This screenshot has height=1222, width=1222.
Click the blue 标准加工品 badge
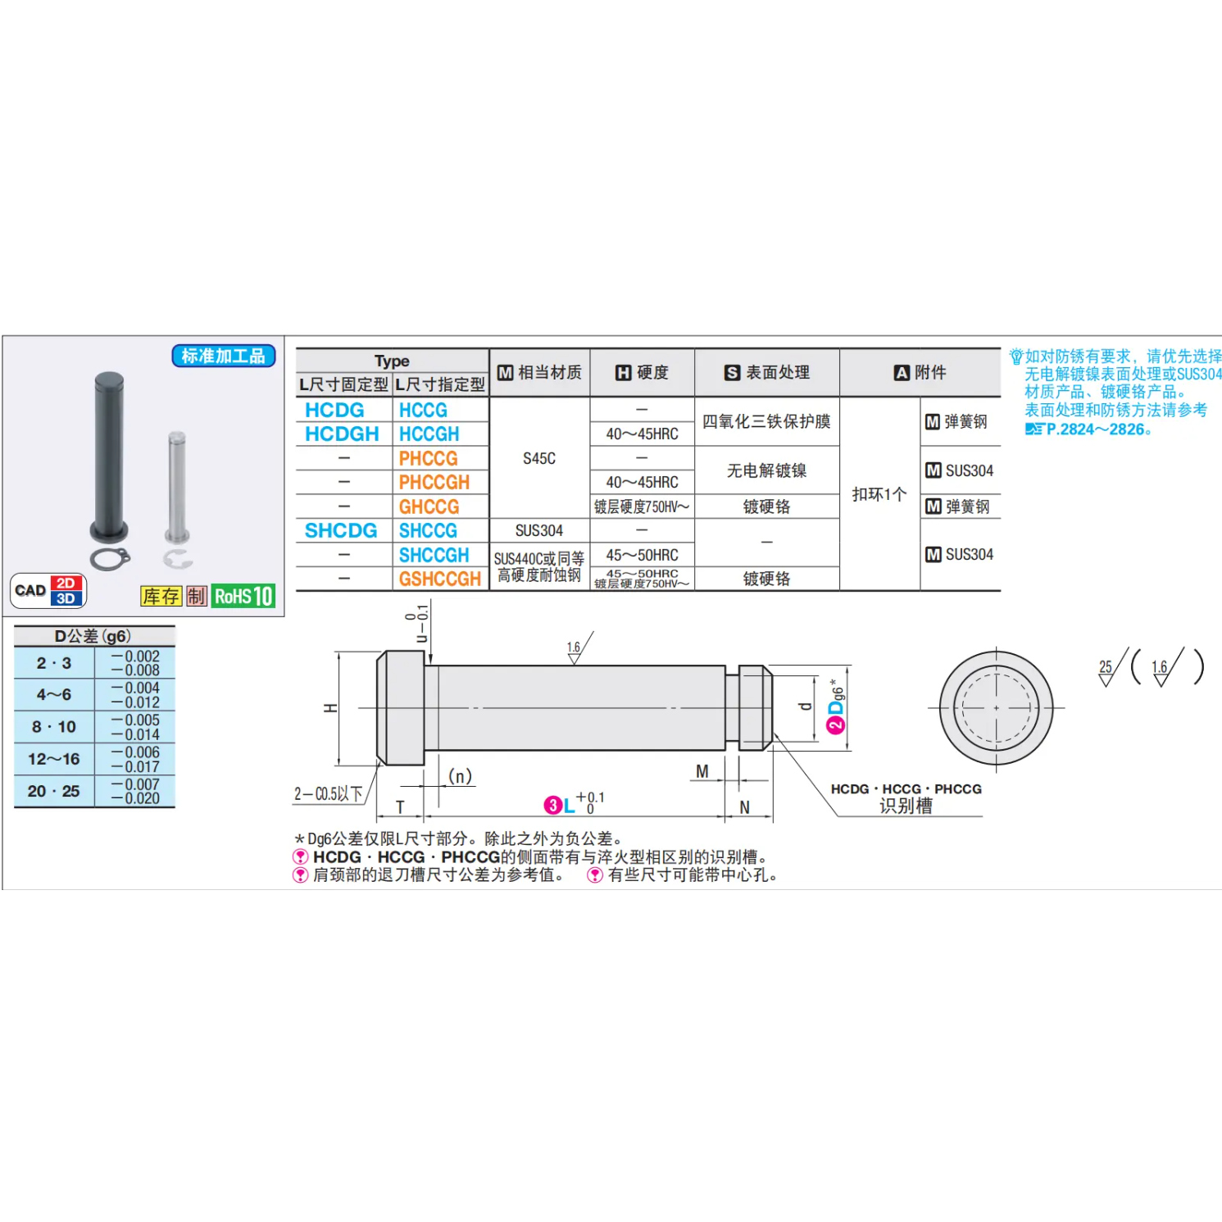[x=223, y=356]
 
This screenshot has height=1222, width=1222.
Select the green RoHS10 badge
[x=243, y=596]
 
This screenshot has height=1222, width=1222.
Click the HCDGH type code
[x=342, y=434]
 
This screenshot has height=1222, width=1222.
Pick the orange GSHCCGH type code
[x=439, y=579]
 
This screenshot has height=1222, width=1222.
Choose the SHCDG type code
[x=341, y=530]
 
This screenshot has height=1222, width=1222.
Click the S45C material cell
[x=539, y=458]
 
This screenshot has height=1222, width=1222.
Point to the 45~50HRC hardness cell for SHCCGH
[x=642, y=555]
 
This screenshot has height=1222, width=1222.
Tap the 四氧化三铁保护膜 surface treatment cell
[x=766, y=421]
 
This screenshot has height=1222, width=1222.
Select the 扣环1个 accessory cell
[x=879, y=494]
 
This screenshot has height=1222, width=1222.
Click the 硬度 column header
[x=643, y=373]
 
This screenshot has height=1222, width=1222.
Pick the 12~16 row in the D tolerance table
[x=54, y=759]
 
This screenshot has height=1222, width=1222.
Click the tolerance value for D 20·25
[x=135, y=791]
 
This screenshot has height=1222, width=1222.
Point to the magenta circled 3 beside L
[x=553, y=806]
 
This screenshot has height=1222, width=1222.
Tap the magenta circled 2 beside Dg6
[x=835, y=725]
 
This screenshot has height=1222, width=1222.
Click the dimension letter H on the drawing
[x=330, y=708]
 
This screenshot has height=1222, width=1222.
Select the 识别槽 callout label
[x=906, y=806]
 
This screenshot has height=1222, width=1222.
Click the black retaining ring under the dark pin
[x=110, y=559]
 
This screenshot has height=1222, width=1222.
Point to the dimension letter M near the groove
[x=702, y=771]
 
